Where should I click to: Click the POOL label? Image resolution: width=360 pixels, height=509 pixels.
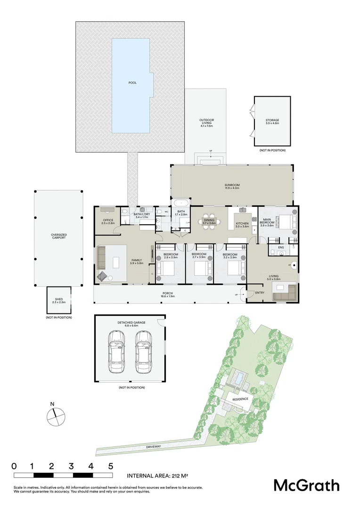pyautogui.click(x=132, y=83)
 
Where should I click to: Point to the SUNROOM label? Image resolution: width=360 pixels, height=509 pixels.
pyautogui.click(x=232, y=187)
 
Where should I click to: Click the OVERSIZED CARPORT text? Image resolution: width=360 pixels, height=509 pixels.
pyautogui.click(x=58, y=236)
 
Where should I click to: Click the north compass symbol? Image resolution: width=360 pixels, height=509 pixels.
pyautogui.click(x=55, y=415)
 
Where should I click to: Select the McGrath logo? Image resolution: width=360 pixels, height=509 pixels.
pyautogui.click(x=306, y=485)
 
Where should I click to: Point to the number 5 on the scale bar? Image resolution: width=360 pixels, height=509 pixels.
pyautogui.click(x=111, y=466)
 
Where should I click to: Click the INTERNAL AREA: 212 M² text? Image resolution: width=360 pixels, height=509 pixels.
pyautogui.click(x=158, y=476)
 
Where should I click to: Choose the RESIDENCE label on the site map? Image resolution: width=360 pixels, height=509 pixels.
pyautogui.click(x=240, y=399)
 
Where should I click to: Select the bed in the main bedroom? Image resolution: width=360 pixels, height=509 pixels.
pyautogui.click(x=286, y=222)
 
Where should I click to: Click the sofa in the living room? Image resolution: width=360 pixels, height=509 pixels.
pyautogui.click(x=284, y=292)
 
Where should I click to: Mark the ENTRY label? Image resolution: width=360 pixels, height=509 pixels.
pyautogui.click(x=260, y=293)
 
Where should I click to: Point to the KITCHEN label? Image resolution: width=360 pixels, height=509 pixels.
pyautogui.click(x=242, y=224)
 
